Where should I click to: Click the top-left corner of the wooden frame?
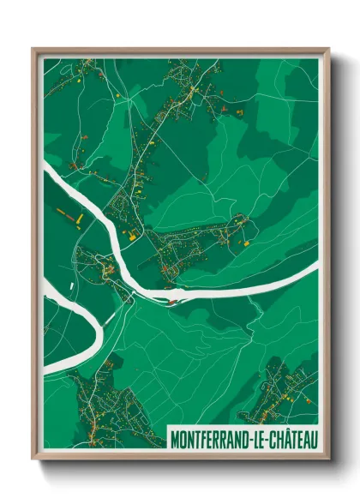coord(33,49)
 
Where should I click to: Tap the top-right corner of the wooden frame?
coord(328,49)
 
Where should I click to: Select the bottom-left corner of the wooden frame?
coord(33,460)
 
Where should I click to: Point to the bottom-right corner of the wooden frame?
coord(328,460)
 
